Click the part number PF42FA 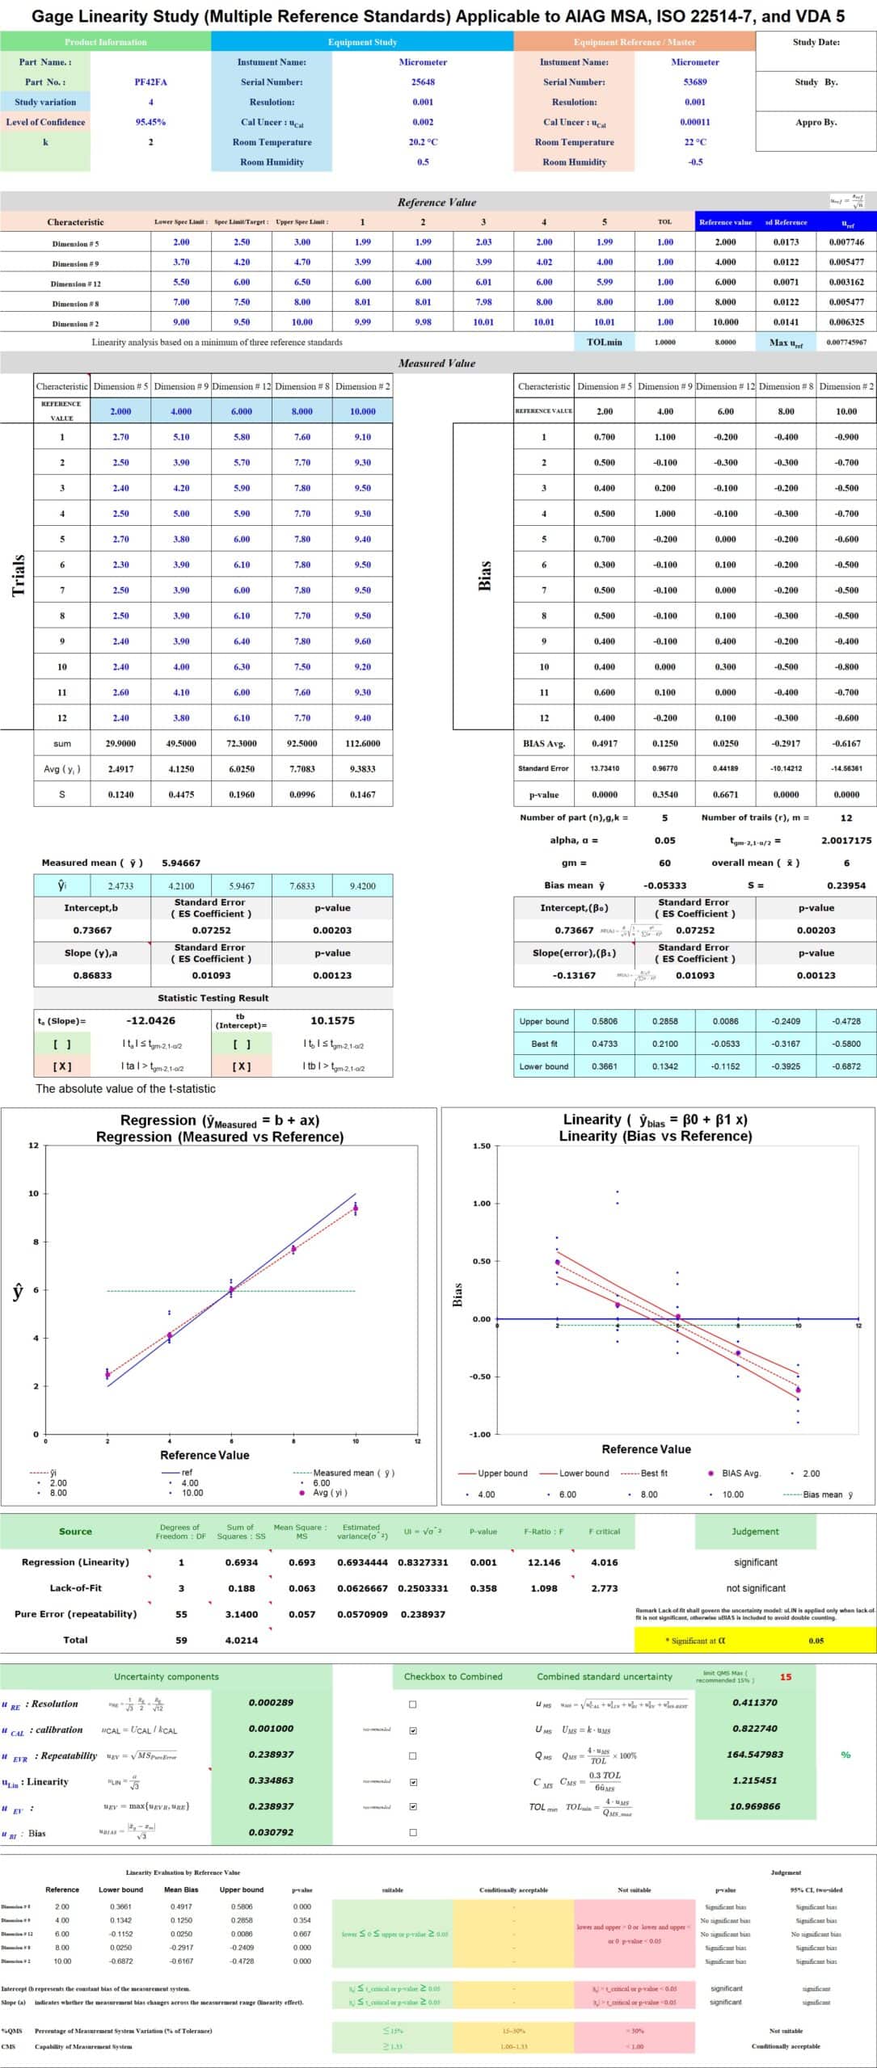click(x=150, y=82)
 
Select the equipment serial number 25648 click(x=423, y=82)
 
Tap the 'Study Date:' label click(x=816, y=43)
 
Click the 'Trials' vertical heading click(x=18, y=575)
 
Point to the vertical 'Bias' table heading click(x=485, y=575)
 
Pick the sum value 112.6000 click(x=362, y=743)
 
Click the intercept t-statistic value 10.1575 click(x=332, y=1020)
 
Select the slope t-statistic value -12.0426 click(x=150, y=1020)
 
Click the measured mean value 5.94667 click(x=181, y=863)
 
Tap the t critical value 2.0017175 click(x=846, y=840)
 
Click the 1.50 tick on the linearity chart click(x=481, y=1145)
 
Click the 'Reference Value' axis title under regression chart click(x=204, y=1455)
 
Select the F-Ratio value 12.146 click(x=543, y=1562)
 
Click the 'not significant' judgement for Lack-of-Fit click(x=756, y=1588)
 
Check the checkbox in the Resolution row click(x=413, y=1704)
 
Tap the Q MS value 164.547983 click(x=755, y=1755)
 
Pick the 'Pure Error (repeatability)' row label click(x=75, y=1614)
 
